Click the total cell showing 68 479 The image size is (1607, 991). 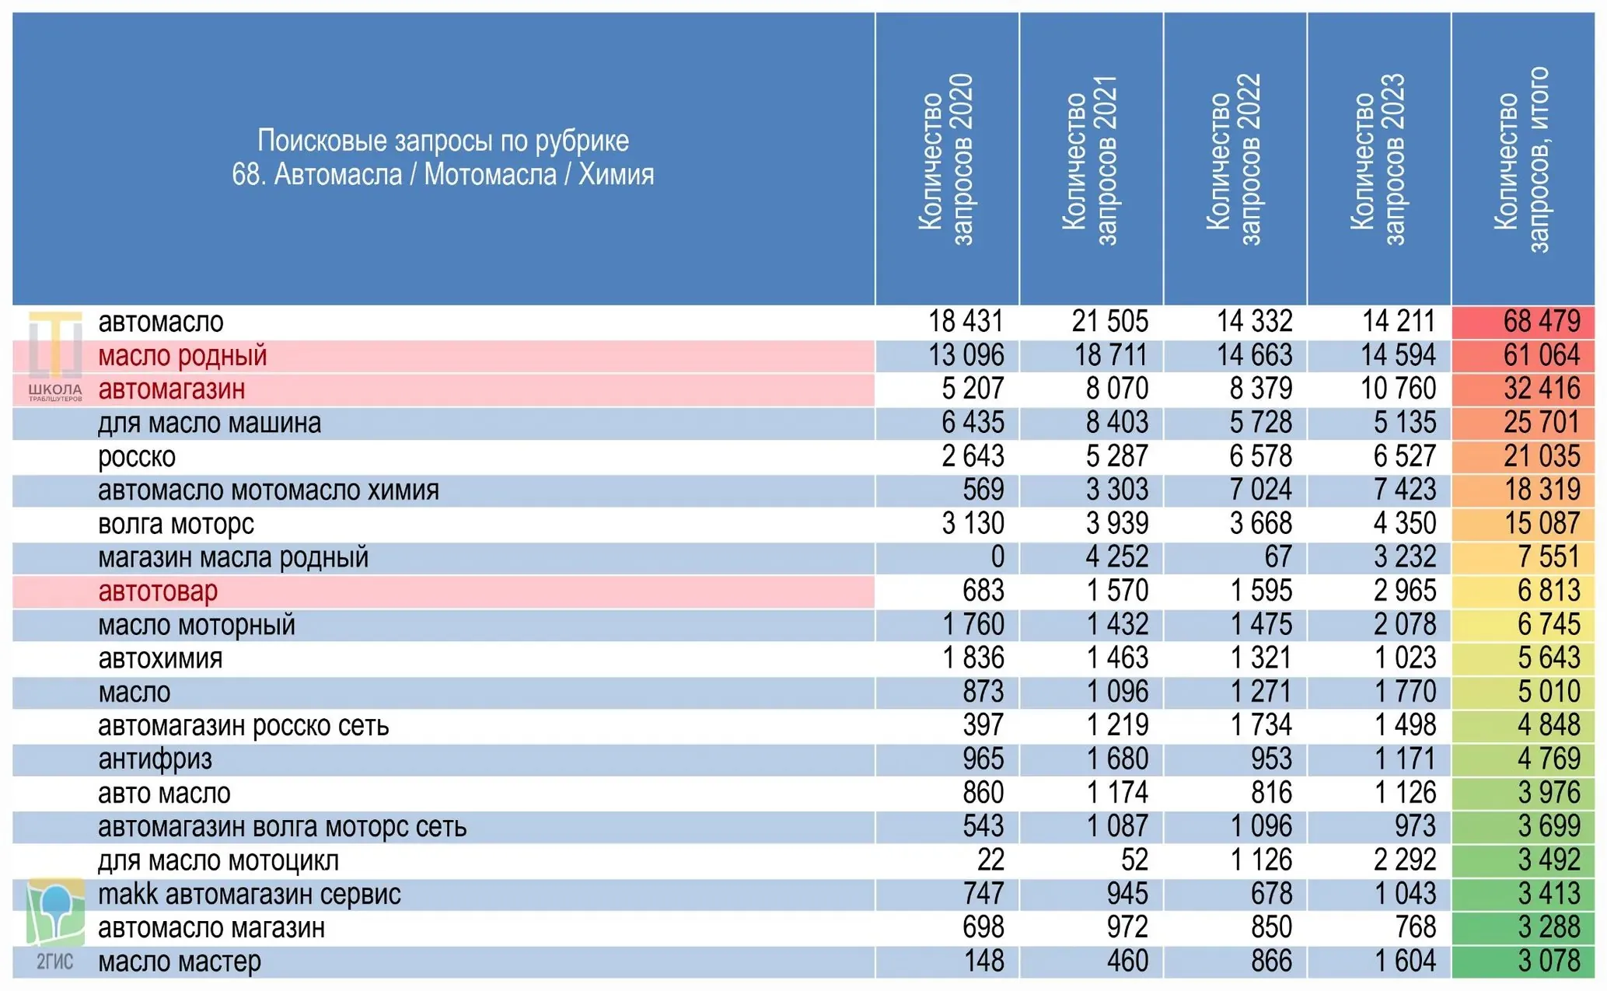click(1541, 321)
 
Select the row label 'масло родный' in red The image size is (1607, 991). click(183, 355)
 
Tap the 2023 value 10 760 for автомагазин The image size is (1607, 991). click(1398, 389)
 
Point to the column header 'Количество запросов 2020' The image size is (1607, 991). click(946, 159)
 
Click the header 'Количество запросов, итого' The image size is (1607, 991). click(1522, 159)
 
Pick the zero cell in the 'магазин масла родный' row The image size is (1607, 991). click(997, 557)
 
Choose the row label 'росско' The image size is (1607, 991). click(137, 457)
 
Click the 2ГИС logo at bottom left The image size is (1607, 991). click(55, 925)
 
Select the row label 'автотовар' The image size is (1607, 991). click(158, 591)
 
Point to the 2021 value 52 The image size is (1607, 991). click(1134, 860)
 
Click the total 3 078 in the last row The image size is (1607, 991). click(1549, 961)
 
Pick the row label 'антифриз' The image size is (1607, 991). click(155, 759)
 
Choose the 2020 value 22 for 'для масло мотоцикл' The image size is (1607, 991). click(990, 860)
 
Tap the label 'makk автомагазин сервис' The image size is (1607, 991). click(250, 894)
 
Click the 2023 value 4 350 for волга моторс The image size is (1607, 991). click(1405, 523)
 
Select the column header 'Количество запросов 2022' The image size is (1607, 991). click(1234, 159)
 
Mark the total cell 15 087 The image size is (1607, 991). click(1542, 523)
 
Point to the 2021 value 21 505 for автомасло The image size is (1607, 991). click(1110, 321)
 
